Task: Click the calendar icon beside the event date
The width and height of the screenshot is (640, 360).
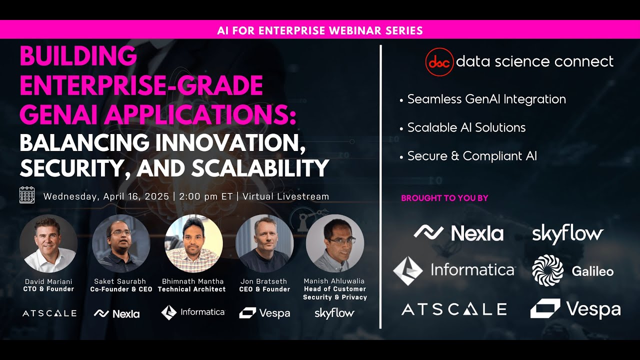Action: pos(27,195)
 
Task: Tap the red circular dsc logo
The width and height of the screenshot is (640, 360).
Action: pos(439,62)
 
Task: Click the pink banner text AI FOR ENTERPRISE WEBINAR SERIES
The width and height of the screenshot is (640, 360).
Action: pos(320,30)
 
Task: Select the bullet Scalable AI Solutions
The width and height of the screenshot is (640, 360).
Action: pos(466,127)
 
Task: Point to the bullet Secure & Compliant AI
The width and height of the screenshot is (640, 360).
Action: pos(471,156)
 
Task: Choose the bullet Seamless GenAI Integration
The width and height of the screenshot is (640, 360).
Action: pos(486,99)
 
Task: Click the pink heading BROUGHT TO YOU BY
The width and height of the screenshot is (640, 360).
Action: pos(444,198)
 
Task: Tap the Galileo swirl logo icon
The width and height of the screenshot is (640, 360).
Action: pos(547,270)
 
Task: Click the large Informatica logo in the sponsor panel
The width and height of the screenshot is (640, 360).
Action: pos(453,270)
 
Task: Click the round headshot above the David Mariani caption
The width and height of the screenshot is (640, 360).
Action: pos(48,243)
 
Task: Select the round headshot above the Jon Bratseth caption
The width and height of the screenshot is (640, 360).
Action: pos(264,243)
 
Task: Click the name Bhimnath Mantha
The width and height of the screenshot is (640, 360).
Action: pos(192,281)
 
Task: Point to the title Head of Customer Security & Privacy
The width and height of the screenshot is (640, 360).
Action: pos(335,293)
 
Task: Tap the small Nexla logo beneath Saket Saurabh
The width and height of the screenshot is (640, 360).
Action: pos(116,313)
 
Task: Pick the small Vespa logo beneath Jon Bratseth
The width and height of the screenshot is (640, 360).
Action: pos(264,313)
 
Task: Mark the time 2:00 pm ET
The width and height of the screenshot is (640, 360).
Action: pos(205,196)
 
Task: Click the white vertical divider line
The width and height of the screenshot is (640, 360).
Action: pos(381,185)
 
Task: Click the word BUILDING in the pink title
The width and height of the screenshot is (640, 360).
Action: pos(78,56)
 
